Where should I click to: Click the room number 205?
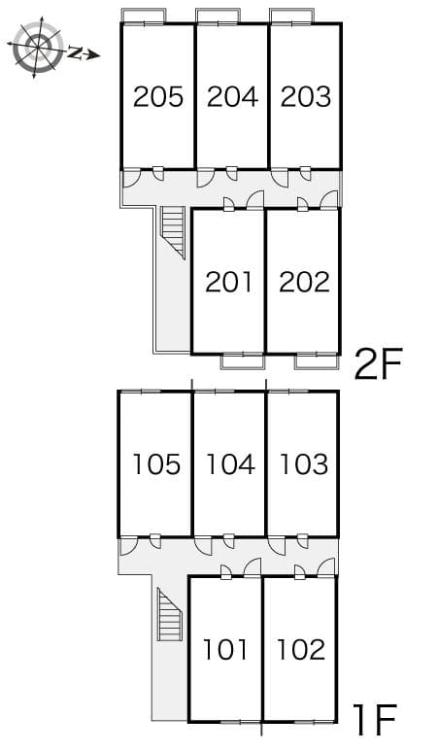pyautogui.click(x=158, y=96)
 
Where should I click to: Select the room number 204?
pyautogui.click(x=232, y=96)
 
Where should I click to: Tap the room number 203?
pyautogui.click(x=305, y=96)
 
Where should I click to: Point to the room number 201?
pyautogui.click(x=228, y=282)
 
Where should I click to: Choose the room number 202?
pyautogui.click(x=303, y=282)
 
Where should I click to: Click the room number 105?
pyautogui.click(x=156, y=464)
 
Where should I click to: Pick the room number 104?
pyautogui.click(x=230, y=464)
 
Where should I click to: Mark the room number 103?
pyautogui.click(x=303, y=464)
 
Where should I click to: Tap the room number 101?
pyautogui.click(x=226, y=648)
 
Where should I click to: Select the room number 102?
pyautogui.click(x=300, y=648)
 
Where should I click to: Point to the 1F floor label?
pyautogui.click(x=374, y=721)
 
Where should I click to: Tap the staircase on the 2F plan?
pyautogui.click(x=173, y=231)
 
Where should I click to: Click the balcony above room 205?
pyautogui.click(x=143, y=16)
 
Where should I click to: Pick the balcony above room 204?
pyautogui.click(x=218, y=16)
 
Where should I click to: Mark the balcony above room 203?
pyautogui.click(x=291, y=16)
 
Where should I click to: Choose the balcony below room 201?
pyautogui.click(x=243, y=361)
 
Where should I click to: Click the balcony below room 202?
pyautogui.click(x=317, y=361)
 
